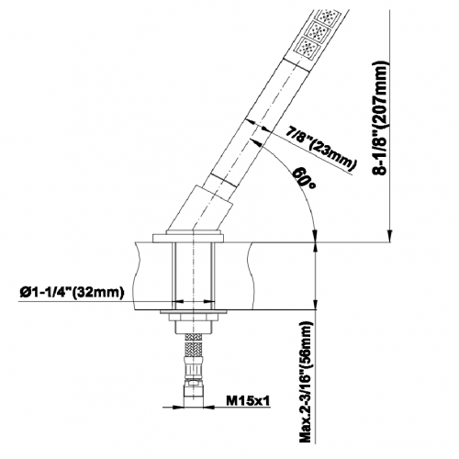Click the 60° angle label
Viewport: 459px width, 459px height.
tap(304, 178)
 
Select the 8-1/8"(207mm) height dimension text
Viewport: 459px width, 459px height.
tap(381, 118)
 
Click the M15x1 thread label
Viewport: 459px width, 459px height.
tap(248, 400)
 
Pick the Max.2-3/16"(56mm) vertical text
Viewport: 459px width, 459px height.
tap(308, 381)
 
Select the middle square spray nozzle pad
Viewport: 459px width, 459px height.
tap(319, 30)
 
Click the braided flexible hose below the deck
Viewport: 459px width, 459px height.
tap(193, 346)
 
